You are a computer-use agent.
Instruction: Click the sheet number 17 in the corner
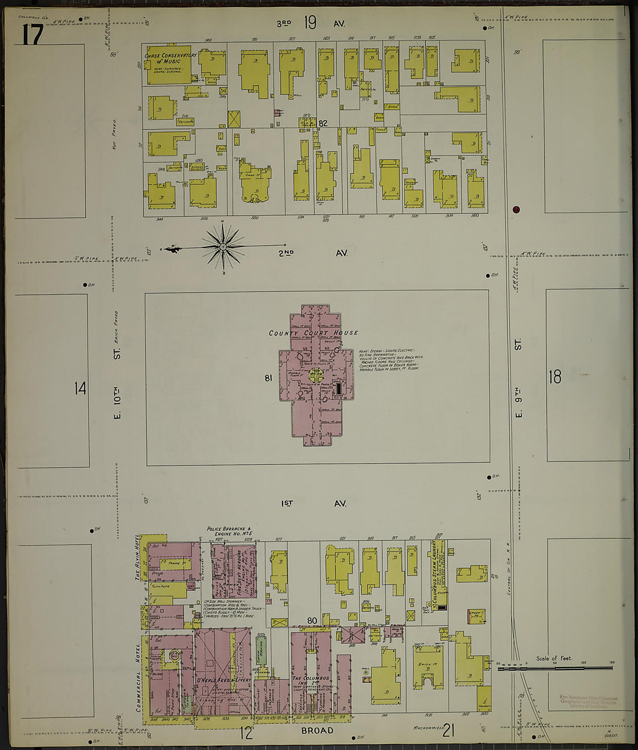(x=32, y=35)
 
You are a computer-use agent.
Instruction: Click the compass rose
(x=223, y=247)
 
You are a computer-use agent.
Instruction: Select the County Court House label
(x=313, y=333)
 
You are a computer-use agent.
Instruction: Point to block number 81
(x=269, y=378)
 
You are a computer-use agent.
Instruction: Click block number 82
(x=323, y=123)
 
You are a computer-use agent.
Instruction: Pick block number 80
(x=312, y=621)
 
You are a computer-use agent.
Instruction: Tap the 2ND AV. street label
(x=313, y=253)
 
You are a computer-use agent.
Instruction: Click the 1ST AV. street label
(x=313, y=504)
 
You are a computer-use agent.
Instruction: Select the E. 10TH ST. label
(x=117, y=383)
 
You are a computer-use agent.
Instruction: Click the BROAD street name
(x=317, y=730)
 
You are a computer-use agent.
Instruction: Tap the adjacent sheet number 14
(x=80, y=388)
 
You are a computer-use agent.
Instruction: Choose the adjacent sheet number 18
(x=555, y=377)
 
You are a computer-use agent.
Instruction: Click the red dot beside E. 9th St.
(x=516, y=210)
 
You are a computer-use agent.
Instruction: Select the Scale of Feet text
(x=554, y=658)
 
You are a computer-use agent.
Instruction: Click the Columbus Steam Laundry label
(x=433, y=574)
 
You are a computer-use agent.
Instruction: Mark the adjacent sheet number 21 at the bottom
(x=448, y=731)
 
